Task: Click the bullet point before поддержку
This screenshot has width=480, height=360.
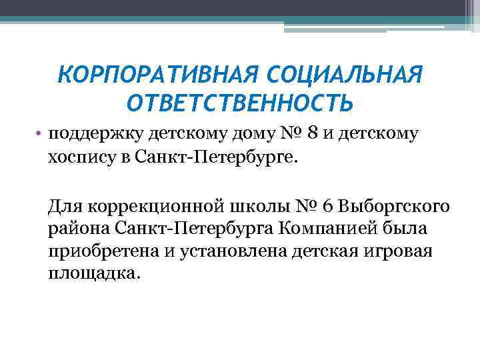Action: pos(41,133)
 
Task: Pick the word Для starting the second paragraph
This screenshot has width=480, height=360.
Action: pos(63,205)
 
